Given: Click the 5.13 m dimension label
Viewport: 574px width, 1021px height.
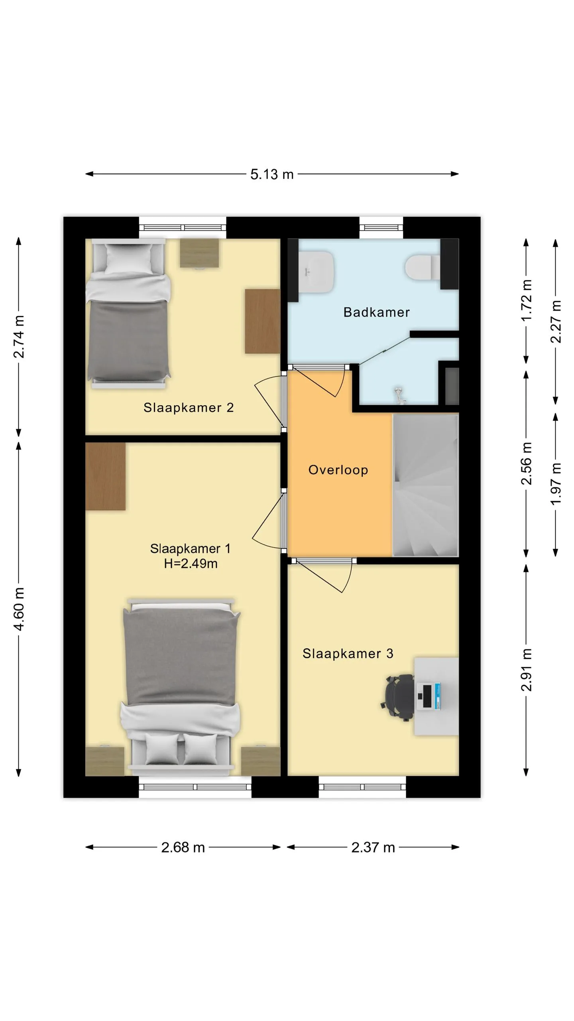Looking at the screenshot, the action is [x=272, y=174].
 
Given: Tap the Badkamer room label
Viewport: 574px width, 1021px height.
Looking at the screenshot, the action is [x=377, y=312].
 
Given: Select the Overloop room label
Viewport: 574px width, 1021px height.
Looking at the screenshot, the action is [x=338, y=470].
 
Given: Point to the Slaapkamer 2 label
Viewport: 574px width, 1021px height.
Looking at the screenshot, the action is [x=189, y=408].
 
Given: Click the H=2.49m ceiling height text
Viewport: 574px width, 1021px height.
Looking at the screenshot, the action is [x=191, y=564].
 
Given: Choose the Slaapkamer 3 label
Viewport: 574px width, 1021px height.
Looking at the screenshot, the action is [x=348, y=654].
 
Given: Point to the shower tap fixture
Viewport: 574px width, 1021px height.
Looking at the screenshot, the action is [x=399, y=394].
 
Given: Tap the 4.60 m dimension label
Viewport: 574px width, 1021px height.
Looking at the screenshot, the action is [x=19, y=609].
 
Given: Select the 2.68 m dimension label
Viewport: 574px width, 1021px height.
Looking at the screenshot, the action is [x=183, y=848].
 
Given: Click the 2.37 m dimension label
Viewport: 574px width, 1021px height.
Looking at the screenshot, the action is [x=373, y=848].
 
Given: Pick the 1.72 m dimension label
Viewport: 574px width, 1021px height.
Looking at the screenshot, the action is [x=527, y=300].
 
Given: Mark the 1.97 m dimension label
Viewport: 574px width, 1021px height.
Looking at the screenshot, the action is [x=556, y=484].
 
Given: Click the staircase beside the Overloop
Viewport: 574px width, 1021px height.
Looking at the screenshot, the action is [x=426, y=485].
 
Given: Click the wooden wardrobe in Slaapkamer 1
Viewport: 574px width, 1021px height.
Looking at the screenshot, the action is [x=106, y=476].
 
